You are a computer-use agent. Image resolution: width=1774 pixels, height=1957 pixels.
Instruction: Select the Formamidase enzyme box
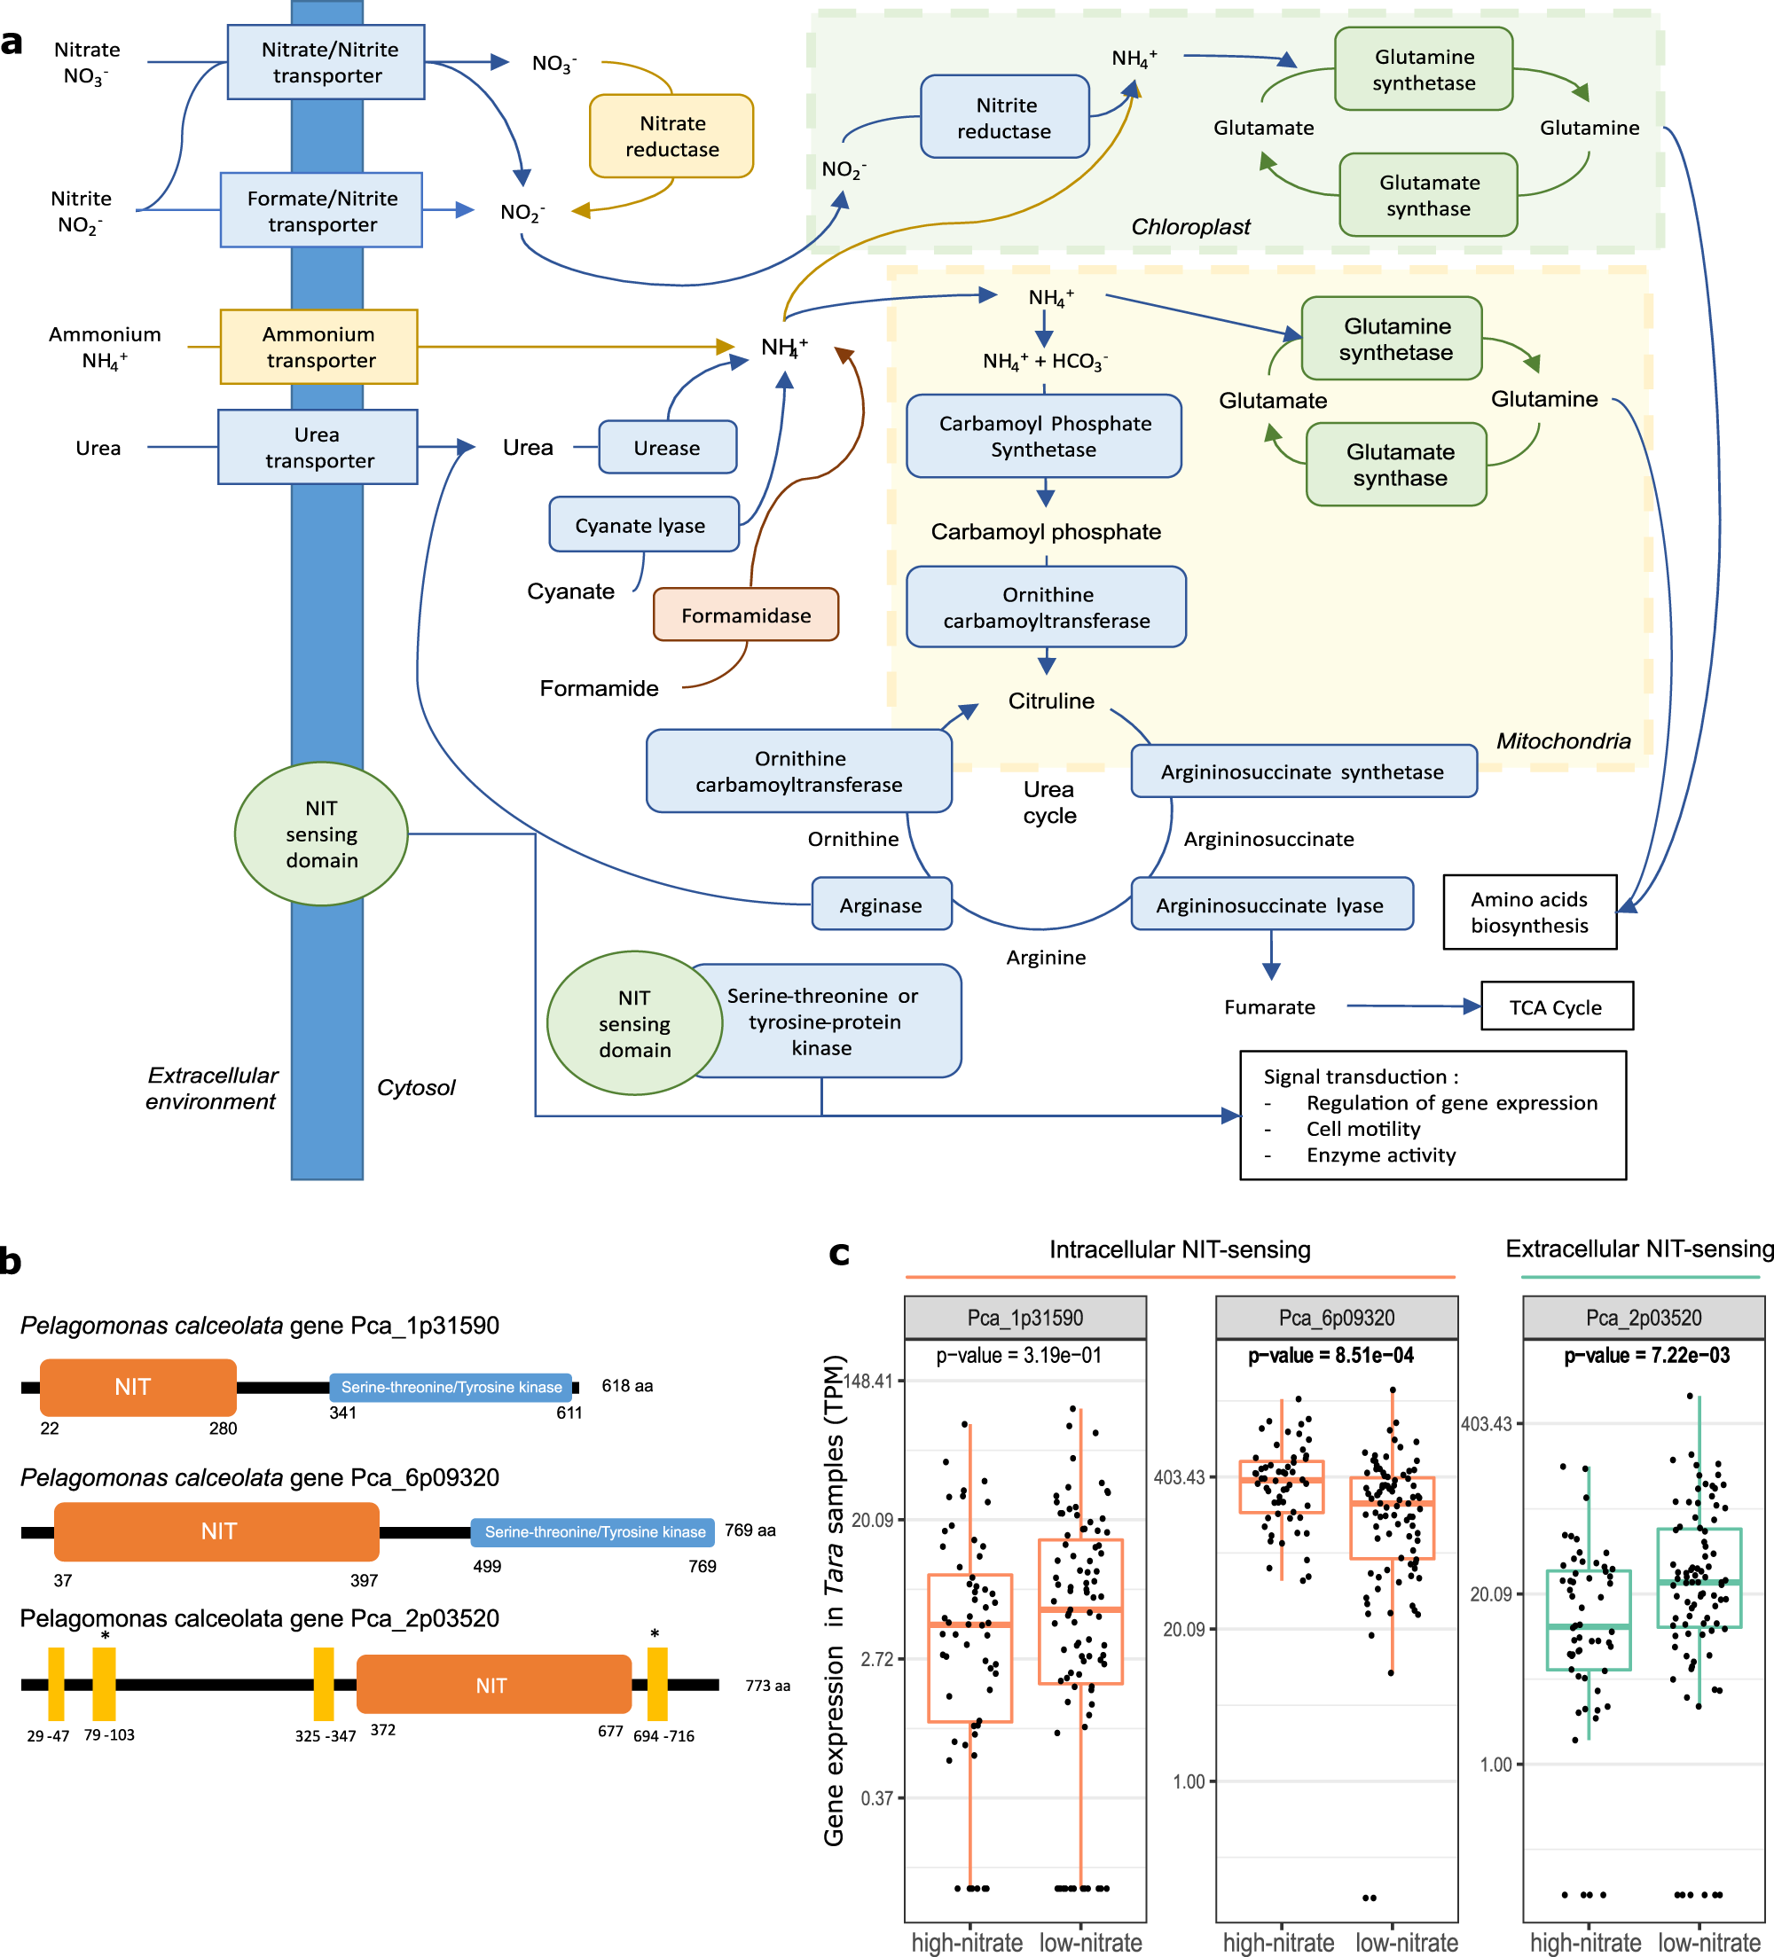(745, 614)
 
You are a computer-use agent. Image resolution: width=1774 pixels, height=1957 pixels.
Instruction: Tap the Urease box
(667, 448)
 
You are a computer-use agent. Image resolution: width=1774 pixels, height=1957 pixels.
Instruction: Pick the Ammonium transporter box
(318, 347)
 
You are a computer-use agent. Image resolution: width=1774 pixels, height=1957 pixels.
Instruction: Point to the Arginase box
(881, 904)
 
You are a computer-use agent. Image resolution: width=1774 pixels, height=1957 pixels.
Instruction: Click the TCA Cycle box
(1556, 1006)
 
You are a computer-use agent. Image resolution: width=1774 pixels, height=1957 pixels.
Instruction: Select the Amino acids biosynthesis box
(1529, 912)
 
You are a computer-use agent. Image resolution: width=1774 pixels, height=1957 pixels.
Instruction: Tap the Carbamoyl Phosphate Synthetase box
(1044, 436)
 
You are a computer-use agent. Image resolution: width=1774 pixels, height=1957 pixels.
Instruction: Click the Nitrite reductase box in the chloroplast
(1004, 117)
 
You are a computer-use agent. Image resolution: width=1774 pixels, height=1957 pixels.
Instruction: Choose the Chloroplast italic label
(1190, 226)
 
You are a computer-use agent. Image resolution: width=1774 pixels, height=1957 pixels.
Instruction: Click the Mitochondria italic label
(1562, 740)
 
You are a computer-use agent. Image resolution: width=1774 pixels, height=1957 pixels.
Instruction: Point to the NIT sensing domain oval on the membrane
(321, 834)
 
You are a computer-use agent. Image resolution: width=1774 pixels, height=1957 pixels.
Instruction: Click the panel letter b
(11, 1261)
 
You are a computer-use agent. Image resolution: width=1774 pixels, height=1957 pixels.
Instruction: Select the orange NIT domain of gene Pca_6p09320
(216, 1530)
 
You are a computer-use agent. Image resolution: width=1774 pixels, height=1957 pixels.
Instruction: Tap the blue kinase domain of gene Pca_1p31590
(451, 1386)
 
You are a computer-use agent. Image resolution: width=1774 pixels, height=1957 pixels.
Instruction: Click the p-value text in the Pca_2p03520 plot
(1646, 1355)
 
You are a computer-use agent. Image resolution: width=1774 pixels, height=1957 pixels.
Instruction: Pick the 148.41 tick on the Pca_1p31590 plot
(867, 1381)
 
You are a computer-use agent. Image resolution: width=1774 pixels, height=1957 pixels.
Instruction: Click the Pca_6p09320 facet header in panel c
(1336, 1318)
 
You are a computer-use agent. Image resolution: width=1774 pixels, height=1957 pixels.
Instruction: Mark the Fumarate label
(1269, 1006)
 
